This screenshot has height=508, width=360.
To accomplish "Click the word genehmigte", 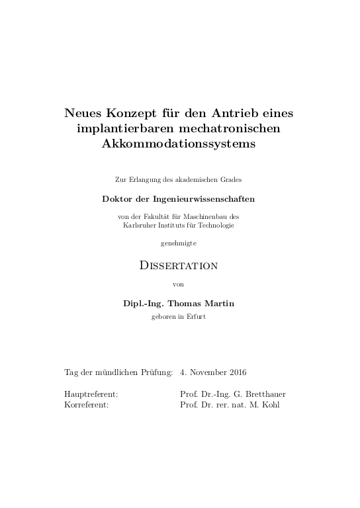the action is [x=179, y=244].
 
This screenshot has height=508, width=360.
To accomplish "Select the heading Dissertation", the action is [x=179, y=265].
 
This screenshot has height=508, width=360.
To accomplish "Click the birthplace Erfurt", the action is [x=197, y=316].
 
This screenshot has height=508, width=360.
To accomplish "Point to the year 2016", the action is [x=235, y=372].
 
